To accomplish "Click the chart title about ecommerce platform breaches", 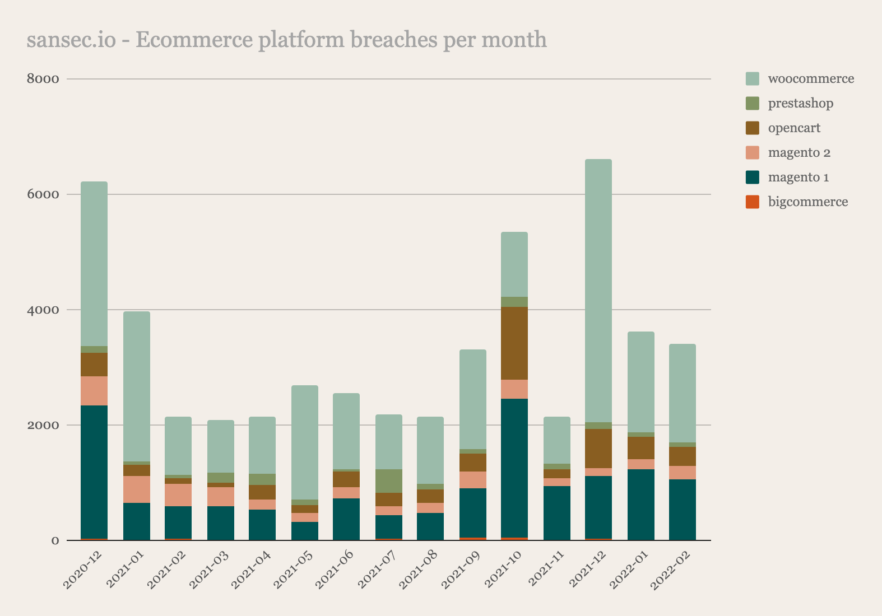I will point(286,40).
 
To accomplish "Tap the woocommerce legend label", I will point(811,79).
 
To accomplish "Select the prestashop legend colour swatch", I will point(753,104).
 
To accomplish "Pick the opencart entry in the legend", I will point(793,128).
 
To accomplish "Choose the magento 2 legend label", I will point(799,153).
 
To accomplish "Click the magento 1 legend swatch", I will point(753,178).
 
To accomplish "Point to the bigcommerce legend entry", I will point(807,202).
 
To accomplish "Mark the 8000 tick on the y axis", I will point(43,79).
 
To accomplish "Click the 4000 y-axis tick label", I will point(43,310).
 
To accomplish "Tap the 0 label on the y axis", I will point(55,540).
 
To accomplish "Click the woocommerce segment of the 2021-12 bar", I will point(598,291).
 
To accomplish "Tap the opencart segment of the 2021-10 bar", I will point(514,343).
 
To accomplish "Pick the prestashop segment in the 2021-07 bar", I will point(389,481).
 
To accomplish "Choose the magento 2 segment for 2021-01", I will point(137,489).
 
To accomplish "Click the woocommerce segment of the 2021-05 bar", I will point(305,442).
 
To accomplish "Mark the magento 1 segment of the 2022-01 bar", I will point(641,505).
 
